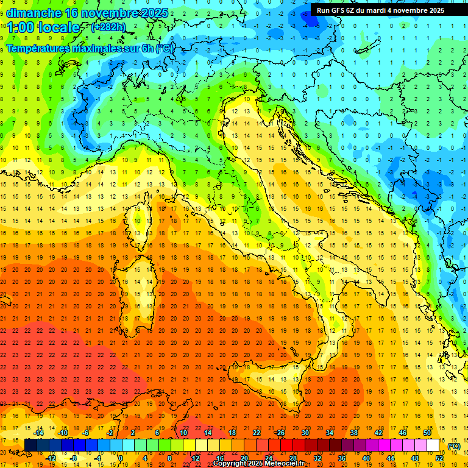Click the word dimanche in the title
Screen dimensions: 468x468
point(34,12)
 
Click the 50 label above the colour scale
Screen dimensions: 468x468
point(427,432)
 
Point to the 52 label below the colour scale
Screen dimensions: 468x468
point(439,458)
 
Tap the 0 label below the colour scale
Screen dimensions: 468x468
point(121,458)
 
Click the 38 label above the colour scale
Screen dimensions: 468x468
point(354,432)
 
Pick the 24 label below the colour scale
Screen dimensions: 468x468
point(269,458)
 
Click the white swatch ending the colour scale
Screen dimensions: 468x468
point(433,445)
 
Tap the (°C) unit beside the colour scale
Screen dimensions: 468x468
point(454,445)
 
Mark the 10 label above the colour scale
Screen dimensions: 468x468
point(183,432)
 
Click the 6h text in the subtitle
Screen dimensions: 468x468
point(147,48)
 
